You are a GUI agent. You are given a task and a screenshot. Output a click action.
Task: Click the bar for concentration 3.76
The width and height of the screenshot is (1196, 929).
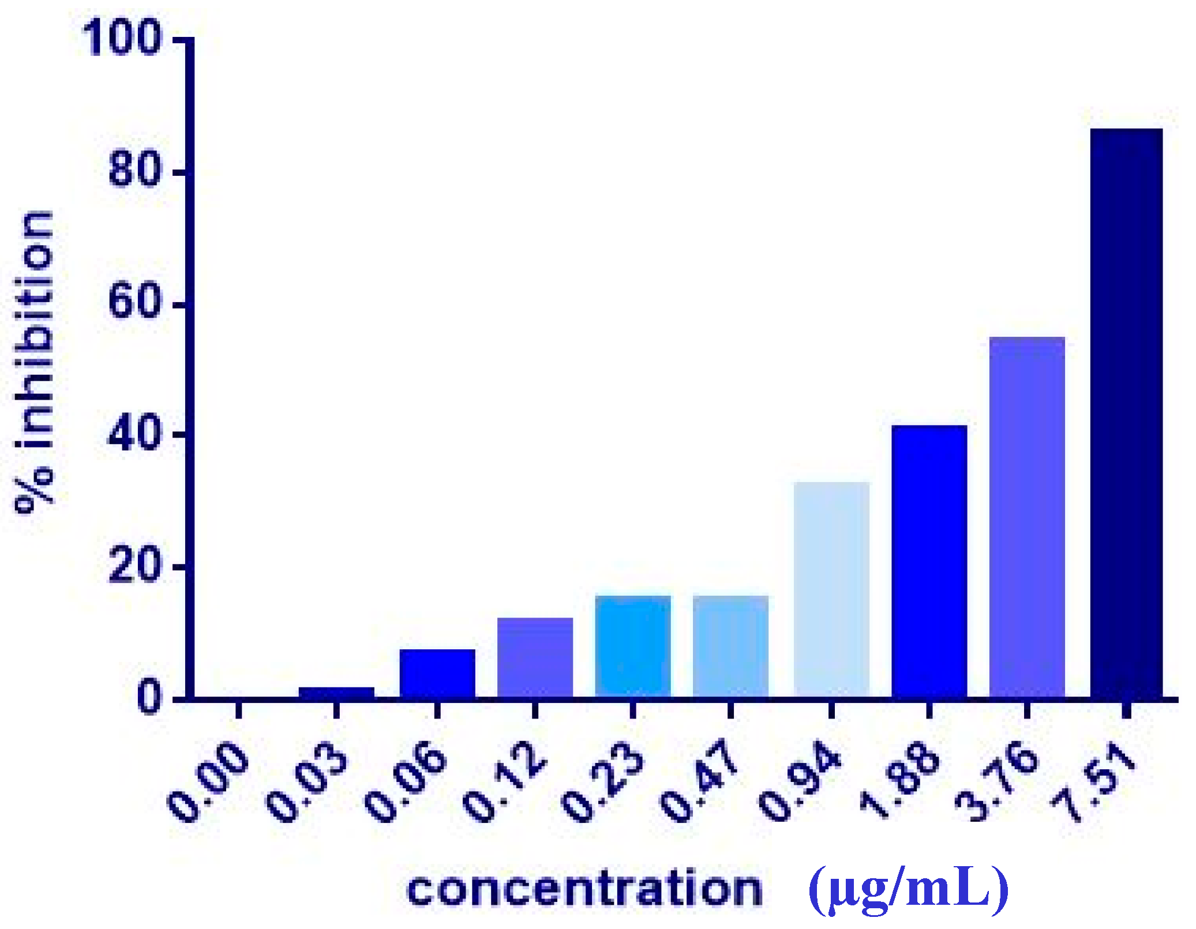[1026, 517]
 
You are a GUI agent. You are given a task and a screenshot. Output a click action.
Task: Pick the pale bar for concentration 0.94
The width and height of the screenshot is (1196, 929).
[831, 589]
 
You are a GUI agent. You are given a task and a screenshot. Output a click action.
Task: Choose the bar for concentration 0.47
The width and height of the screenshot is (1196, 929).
[730, 646]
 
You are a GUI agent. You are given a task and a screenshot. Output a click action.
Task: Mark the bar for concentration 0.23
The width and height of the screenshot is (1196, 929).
[632, 646]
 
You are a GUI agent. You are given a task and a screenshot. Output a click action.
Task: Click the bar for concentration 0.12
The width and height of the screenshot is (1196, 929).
[534, 657]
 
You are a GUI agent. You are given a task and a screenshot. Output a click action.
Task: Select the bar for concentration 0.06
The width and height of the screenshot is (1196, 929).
[437, 673]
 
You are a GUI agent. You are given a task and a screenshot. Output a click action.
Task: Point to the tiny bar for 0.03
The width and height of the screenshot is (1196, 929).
[336, 692]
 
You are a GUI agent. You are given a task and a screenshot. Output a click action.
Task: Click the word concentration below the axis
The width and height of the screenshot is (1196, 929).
[584, 889]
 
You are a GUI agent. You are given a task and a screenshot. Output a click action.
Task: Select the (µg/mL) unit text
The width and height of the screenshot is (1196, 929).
[908, 889]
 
